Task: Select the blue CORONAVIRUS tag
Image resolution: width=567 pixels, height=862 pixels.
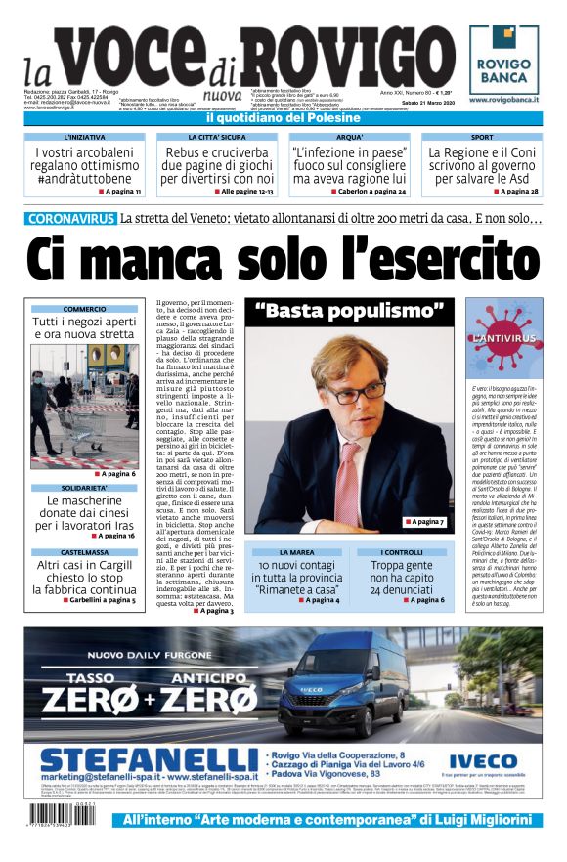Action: pos(70,219)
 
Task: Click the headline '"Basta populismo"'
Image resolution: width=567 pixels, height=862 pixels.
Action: pos(349,313)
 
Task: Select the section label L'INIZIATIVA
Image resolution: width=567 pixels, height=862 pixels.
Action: pos(84,138)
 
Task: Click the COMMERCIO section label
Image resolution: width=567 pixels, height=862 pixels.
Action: pos(85,309)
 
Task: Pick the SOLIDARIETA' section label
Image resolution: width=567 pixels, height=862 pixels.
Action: pos(85,488)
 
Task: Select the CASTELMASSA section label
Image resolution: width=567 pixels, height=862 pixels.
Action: pos(85,552)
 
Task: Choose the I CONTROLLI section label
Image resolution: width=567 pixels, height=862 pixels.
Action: pos(401,553)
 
